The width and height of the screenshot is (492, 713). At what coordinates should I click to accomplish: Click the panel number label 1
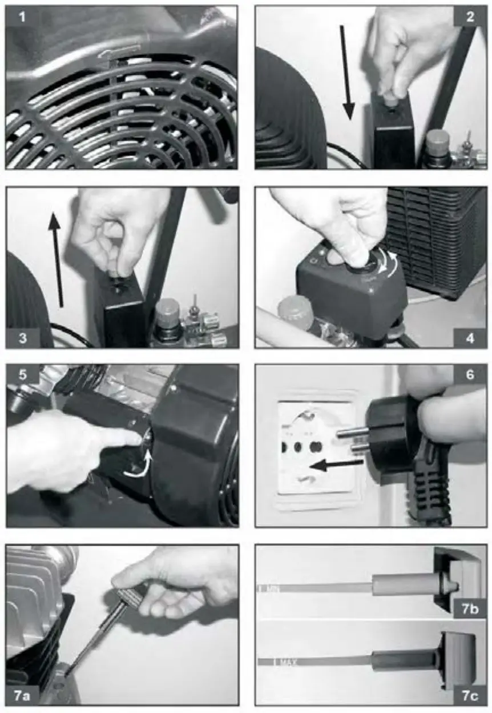[x=22, y=17]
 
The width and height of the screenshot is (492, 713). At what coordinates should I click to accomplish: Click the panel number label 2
[x=470, y=17]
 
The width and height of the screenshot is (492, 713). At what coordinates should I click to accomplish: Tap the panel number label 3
[x=22, y=337]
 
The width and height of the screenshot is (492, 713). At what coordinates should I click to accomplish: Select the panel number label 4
[x=470, y=337]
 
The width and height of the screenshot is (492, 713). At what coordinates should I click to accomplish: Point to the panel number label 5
[x=22, y=376]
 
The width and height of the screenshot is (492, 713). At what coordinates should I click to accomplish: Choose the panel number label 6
[x=470, y=376]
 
